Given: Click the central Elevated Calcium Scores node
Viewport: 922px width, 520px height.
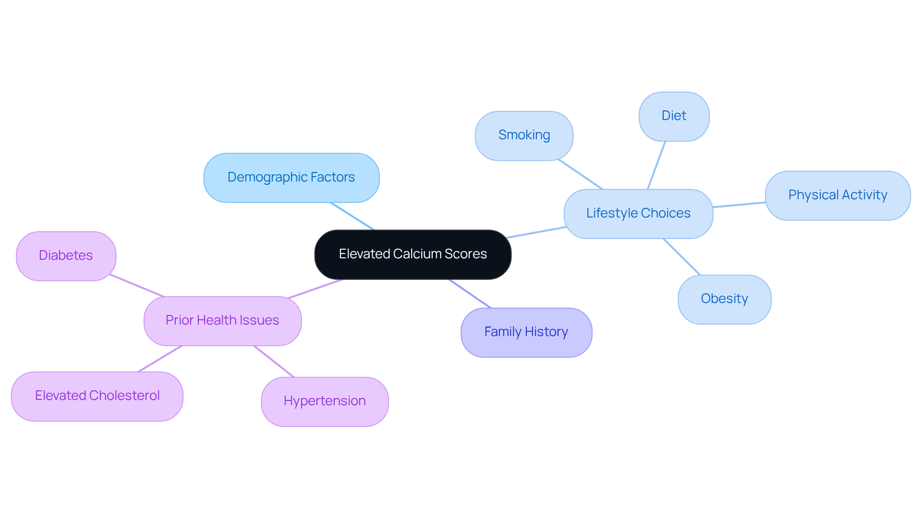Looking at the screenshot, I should pyautogui.click(x=412, y=254).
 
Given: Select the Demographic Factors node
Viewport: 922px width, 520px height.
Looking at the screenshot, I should pyautogui.click(x=291, y=178).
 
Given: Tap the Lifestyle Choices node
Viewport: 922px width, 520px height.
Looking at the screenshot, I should pyautogui.click(x=638, y=214).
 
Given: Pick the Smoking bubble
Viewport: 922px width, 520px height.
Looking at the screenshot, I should pyautogui.click(x=523, y=136).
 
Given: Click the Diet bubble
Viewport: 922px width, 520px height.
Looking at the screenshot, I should pyautogui.click(x=673, y=116).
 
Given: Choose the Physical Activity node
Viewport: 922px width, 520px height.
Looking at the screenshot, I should pyautogui.click(x=837, y=195).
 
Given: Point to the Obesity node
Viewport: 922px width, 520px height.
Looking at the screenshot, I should pyautogui.click(x=724, y=299).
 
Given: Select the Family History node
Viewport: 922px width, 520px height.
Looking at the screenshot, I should pyautogui.click(x=526, y=332).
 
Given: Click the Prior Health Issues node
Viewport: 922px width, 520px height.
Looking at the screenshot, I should pyautogui.click(x=222, y=321).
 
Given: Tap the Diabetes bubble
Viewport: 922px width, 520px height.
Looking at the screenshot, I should pyautogui.click(x=66, y=256).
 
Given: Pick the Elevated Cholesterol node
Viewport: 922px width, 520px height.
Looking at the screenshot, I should pyautogui.click(x=97, y=396).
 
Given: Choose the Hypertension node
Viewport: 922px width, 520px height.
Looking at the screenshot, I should pyautogui.click(x=324, y=401).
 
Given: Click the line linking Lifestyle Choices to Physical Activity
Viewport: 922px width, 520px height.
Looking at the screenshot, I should pyautogui.click(x=739, y=205).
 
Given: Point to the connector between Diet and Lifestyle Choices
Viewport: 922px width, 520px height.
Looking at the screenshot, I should pyautogui.click(x=656, y=165).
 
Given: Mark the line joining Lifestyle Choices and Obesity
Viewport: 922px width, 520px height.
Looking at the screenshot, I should pyautogui.click(x=681, y=256).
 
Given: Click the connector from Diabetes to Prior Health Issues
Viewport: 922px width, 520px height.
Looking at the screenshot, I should pyautogui.click(x=137, y=286).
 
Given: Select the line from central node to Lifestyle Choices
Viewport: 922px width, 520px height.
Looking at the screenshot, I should pyautogui.click(x=536, y=232).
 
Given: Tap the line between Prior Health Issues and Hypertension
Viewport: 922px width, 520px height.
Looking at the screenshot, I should pyautogui.click(x=274, y=361).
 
